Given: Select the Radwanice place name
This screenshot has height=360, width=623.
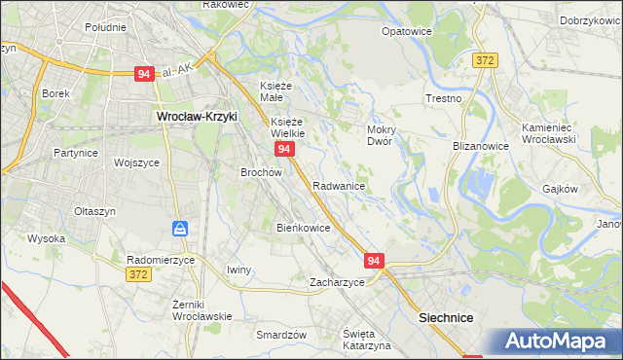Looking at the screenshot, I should point(339,186).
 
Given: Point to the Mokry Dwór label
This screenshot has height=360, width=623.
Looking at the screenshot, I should point(380,134).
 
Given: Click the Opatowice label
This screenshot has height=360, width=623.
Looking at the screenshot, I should point(407,31).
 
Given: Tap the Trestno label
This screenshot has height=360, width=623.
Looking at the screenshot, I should point(443,99).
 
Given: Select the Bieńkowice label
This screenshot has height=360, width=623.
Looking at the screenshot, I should point(304,228).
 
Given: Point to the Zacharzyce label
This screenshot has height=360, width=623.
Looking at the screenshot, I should point(337,282).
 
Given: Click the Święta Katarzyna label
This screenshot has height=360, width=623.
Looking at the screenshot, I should point(367,340).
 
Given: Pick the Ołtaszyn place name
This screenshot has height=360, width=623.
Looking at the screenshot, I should point(95,211).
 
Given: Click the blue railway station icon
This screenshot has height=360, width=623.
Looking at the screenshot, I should point(180,230).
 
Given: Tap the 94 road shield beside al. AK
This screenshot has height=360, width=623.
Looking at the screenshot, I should point(144,74).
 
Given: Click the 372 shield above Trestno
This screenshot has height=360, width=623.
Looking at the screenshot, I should point(485,60).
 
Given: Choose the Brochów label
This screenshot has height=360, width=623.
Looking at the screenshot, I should point(261,172).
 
